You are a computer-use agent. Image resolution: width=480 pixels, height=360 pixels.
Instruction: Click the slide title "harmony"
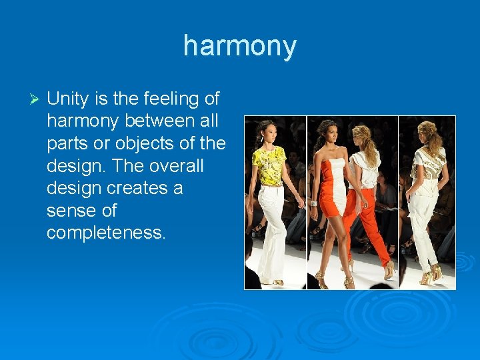tap(239, 47)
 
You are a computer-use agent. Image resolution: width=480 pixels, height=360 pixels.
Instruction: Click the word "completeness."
tap(106, 233)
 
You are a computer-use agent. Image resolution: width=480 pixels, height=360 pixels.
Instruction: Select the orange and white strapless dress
tap(333, 190)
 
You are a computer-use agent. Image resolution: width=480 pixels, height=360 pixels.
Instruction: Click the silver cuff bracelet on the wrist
tap(314, 203)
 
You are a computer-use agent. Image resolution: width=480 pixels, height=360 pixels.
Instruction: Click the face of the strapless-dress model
tap(329, 131)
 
